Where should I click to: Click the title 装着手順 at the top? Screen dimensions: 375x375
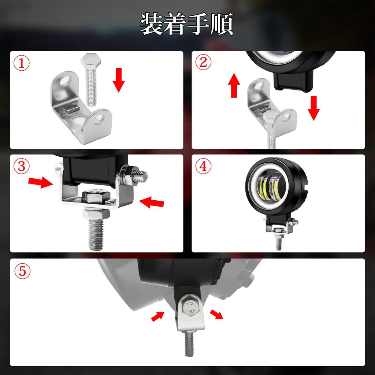187,25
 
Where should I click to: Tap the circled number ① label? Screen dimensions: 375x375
22,63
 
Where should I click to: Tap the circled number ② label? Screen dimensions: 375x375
203,63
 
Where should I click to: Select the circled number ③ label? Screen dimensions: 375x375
22,166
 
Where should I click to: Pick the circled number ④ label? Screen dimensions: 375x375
203,167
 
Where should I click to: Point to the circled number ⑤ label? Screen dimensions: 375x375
22,271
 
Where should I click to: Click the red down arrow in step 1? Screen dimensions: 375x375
119,79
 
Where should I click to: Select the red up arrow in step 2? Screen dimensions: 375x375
234,85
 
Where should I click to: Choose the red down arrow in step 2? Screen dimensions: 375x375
313,108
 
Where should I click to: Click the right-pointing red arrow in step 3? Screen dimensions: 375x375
40,182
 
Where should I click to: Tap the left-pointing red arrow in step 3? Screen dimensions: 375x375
152,202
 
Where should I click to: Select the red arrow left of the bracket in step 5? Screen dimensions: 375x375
158,316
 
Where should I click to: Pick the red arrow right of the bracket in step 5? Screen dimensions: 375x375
216,314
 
